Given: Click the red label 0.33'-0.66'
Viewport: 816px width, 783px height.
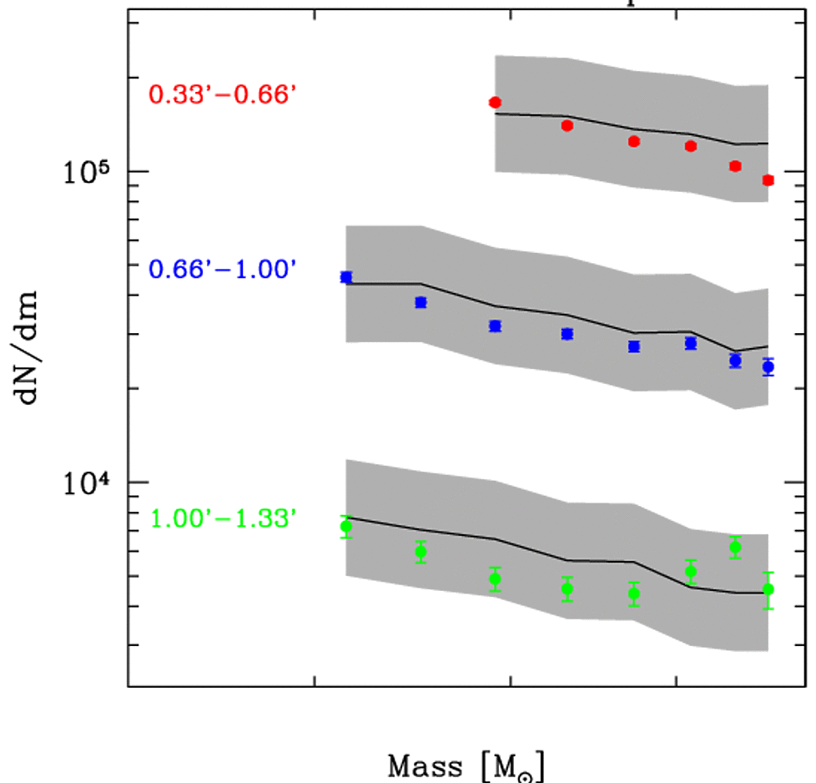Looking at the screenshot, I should point(223,94).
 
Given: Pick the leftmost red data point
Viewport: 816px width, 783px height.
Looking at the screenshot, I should point(495,102).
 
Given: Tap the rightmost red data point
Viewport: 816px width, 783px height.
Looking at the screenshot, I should point(768,179).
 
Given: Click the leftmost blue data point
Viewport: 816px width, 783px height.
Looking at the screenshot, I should point(346,277).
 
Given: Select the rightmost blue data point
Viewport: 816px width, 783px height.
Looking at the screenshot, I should point(768,366).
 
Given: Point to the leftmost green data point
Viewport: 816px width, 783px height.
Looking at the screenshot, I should point(346,526).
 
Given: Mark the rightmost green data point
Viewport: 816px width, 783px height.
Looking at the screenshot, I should point(768,589).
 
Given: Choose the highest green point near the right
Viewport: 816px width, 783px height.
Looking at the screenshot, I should point(735,548).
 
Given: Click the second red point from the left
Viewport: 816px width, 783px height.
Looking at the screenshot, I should point(567,125).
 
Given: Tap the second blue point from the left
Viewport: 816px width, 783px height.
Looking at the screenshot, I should point(421,302).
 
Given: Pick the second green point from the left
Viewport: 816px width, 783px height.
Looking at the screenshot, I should point(421,551).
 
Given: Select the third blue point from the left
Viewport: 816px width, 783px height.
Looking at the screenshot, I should point(495,326).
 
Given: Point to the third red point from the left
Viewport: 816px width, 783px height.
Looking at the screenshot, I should point(634,141).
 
